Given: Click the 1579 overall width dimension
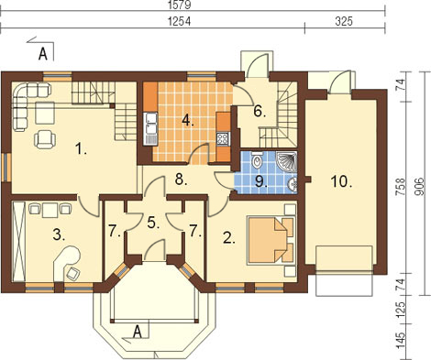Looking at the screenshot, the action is coord(180,5).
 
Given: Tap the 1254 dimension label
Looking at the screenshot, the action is coord(180,21).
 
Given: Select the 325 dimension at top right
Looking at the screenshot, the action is coord(344,21).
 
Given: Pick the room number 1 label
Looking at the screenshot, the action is coord(81,149).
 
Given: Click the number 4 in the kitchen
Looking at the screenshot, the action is coord(188,121).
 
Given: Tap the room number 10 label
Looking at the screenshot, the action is coord(341,182).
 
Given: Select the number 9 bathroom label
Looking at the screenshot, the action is coord(260,181).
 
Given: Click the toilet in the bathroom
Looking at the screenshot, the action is coord(258,159).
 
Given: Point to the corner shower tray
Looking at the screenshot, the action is coord(286,161).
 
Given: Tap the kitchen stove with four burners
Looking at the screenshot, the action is coord(223,138).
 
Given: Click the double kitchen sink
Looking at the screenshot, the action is coord(150,128).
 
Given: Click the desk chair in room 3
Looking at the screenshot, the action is coord(73,273).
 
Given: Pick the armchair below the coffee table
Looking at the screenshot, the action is coord(45,139).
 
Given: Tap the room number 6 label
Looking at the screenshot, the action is coord(260,112).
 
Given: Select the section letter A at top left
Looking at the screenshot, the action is coord(42,54).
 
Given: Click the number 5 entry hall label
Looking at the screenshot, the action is coord(153,224).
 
